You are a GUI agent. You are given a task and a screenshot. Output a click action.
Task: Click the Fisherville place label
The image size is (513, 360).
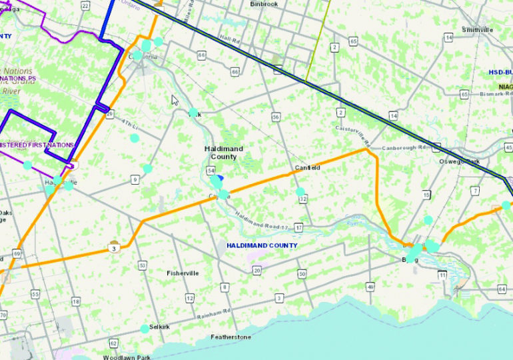[x=182, y=273]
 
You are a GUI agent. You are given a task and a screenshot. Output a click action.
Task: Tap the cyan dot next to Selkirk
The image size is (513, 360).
[x=145, y=328]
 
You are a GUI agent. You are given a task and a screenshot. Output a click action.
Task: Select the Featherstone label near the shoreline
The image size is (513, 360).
[x=231, y=337]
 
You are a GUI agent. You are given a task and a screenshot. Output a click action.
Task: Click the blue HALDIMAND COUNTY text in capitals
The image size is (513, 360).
[x=261, y=245]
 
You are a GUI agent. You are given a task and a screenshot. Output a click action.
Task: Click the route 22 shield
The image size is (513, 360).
[x=85, y=5]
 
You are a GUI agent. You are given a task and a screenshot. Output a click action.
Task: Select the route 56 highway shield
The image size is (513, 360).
[x=275, y=117]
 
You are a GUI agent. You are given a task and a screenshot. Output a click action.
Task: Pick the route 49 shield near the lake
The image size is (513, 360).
[x=370, y=287]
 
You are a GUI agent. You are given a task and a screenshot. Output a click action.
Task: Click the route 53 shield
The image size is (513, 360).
[x=142, y=266]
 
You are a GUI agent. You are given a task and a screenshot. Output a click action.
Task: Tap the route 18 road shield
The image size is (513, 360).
[x=75, y=302]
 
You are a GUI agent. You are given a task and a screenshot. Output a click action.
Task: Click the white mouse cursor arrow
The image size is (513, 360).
[x=175, y=100]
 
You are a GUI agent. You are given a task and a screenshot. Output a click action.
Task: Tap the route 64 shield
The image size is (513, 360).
[x=502, y=289]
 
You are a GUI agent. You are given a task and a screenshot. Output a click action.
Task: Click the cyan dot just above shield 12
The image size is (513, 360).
[x=300, y=191]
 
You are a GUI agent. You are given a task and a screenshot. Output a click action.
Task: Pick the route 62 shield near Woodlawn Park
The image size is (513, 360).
[x=114, y=343]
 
